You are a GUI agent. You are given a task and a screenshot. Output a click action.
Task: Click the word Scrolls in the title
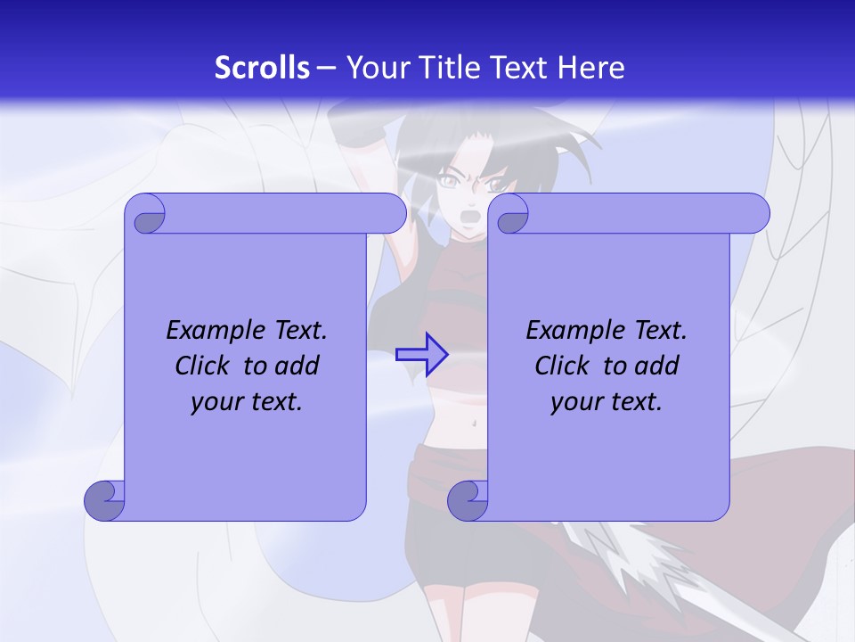tap(262, 68)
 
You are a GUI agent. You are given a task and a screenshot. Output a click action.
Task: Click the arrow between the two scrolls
tap(422, 354)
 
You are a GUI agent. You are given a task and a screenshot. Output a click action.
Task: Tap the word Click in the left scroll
tap(205, 366)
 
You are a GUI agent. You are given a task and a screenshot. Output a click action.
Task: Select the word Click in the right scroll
tap(565, 366)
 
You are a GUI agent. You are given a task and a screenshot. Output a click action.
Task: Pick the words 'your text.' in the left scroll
tap(247, 402)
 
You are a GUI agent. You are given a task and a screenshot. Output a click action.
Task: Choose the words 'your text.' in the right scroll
tap(607, 402)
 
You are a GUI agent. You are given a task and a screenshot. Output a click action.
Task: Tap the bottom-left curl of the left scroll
tap(104, 501)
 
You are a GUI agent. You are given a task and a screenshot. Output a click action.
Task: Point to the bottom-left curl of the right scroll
tap(468, 501)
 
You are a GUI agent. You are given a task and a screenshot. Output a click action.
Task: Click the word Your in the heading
tap(371, 68)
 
